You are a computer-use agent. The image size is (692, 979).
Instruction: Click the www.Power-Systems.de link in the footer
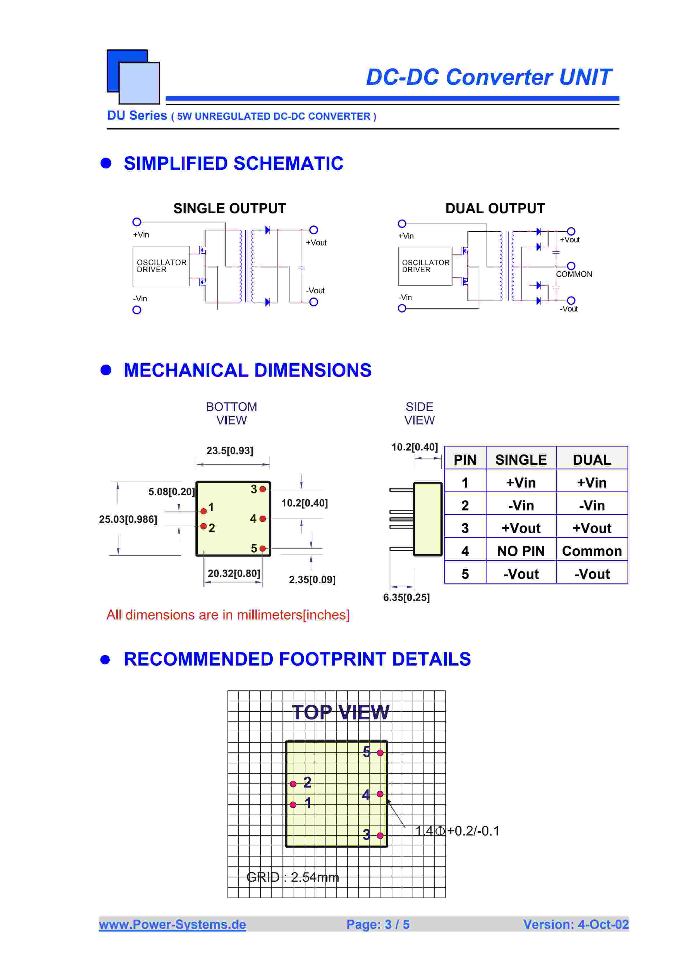coord(172,924)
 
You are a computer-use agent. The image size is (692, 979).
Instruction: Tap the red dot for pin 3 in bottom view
coord(263,489)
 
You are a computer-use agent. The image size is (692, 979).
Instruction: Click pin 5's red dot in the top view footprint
coord(380,753)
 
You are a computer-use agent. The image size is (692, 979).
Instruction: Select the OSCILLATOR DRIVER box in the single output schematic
coord(161,266)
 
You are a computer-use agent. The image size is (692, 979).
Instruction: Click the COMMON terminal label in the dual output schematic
coord(574,274)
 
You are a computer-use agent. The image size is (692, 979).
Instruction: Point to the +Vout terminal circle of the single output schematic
coord(313,230)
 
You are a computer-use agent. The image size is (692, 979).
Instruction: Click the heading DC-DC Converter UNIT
coord(489,77)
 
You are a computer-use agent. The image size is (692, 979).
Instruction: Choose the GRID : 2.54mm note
coord(293,877)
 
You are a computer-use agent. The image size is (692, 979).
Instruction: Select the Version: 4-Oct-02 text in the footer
coord(576,924)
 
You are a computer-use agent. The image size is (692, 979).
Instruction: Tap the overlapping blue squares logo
coord(133,77)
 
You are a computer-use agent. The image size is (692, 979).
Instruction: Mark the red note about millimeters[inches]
coord(228,615)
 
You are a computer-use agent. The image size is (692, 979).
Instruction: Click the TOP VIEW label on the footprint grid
coord(340,712)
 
